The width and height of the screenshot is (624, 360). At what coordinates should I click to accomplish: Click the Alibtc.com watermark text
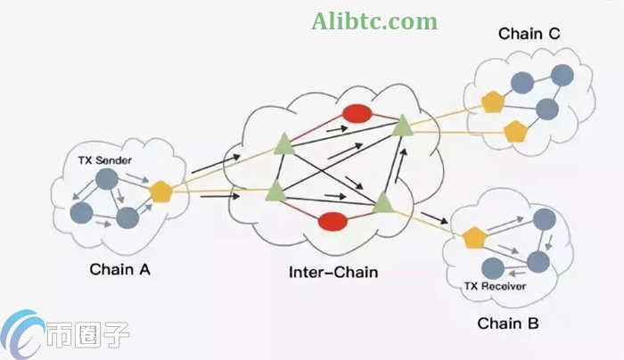tap(374, 21)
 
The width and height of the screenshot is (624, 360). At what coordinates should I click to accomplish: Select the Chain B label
tap(506, 323)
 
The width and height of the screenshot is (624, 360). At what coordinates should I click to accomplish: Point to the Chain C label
tap(530, 33)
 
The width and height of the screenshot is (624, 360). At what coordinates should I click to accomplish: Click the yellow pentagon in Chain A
tap(160, 191)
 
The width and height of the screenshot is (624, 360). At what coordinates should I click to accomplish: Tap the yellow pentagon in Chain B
tap(473, 237)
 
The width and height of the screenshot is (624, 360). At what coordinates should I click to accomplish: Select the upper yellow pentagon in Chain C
tap(493, 101)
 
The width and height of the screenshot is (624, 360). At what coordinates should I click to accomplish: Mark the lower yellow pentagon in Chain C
tap(515, 132)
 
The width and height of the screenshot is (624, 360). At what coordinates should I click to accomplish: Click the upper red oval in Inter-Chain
tap(357, 114)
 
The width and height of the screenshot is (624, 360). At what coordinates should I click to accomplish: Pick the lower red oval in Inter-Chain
tap(333, 220)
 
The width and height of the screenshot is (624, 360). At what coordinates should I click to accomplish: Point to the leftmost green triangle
tap(275, 189)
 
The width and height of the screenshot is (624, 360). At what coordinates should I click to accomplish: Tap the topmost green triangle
tap(403, 126)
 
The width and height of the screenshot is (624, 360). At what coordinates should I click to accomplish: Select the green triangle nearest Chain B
tap(383, 201)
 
